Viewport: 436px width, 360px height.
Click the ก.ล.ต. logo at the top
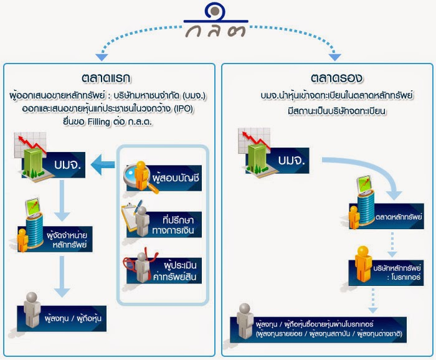point(216,20)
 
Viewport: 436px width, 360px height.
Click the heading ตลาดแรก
point(106,78)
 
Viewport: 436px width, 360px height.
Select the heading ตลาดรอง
point(336,78)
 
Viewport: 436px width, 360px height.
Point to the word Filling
point(99,121)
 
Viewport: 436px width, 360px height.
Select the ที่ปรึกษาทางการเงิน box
point(164,225)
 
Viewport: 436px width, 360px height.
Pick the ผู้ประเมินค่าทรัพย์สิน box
point(164,270)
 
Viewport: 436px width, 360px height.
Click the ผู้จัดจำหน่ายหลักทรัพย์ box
point(55,239)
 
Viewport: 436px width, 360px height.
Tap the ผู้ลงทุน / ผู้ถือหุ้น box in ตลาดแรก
point(62,318)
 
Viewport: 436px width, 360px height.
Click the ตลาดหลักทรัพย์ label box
point(387,216)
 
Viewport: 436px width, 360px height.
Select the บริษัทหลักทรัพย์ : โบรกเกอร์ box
point(386,273)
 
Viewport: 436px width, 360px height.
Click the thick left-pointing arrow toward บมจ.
point(103,165)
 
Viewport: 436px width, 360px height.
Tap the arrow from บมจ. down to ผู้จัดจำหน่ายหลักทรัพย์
point(62,201)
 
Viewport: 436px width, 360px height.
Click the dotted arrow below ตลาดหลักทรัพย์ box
point(392,245)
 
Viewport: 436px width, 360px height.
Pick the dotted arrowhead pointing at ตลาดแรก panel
point(102,57)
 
